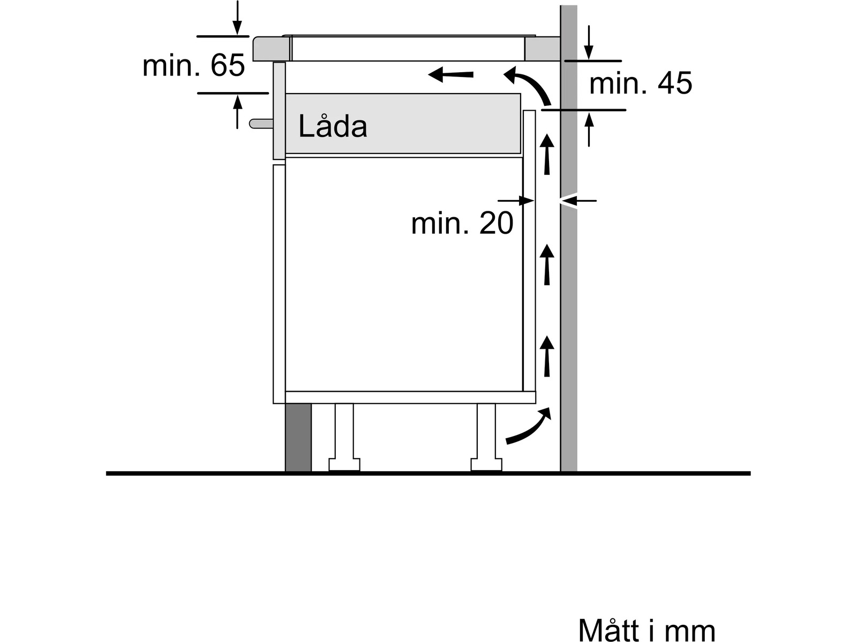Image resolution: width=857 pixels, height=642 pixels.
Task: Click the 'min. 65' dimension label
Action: tap(194, 65)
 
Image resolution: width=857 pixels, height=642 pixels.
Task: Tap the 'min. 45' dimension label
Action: tap(641, 83)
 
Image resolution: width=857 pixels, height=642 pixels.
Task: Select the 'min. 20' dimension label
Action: tap(462, 223)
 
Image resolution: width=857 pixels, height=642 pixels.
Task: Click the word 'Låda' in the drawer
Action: tap(333, 126)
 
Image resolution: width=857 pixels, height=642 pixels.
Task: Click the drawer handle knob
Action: tap(261, 124)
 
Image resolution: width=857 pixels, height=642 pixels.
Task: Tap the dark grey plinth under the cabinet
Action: tap(298, 437)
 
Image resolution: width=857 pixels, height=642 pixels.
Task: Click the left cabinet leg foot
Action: tap(344, 464)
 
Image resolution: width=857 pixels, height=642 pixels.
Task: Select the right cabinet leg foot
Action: tap(486, 464)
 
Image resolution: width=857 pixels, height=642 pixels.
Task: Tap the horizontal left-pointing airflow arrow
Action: tap(450, 74)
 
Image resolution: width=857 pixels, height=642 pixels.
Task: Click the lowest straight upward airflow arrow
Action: tap(547, 356)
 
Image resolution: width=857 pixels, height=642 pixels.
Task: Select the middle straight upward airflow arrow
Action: tap(547, 265)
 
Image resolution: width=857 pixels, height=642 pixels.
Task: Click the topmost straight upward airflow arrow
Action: tap(547, 154)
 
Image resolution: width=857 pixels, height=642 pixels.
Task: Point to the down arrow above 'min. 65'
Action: tap(237, 18)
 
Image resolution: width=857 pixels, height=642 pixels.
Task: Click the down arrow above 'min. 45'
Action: tap(589, 42)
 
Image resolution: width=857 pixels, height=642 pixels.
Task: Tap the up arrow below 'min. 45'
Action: tap(589, 129)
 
